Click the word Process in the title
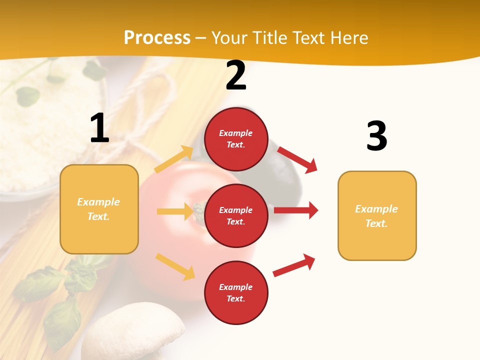point(157,37)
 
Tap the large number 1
point(99,128)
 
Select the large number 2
point(236,75)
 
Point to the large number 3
point(376,136)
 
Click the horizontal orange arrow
point(175,211)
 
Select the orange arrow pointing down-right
point(175,266)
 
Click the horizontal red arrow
point(296,210)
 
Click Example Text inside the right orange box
point(376,216)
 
